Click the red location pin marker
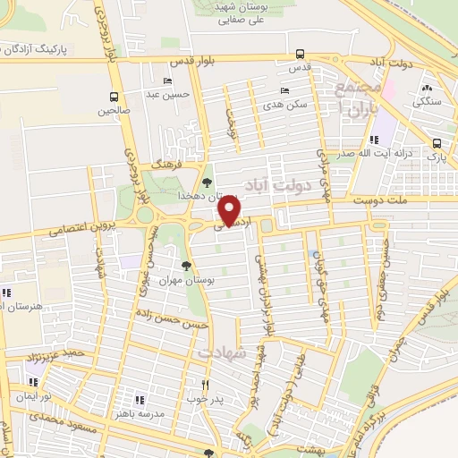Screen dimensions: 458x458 tap(231, 212)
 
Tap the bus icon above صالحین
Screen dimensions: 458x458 tap(114, 97)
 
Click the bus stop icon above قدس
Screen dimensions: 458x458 tap(300, 53)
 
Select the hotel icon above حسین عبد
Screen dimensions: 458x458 tap(167, 81)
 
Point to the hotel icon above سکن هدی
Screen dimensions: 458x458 tap(285, 90)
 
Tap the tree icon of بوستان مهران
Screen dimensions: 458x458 tap(186, 266)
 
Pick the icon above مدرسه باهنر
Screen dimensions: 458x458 tap(139, 399)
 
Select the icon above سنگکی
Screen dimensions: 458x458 tap(428, 89)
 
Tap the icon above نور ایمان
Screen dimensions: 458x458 tap(18, 392)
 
